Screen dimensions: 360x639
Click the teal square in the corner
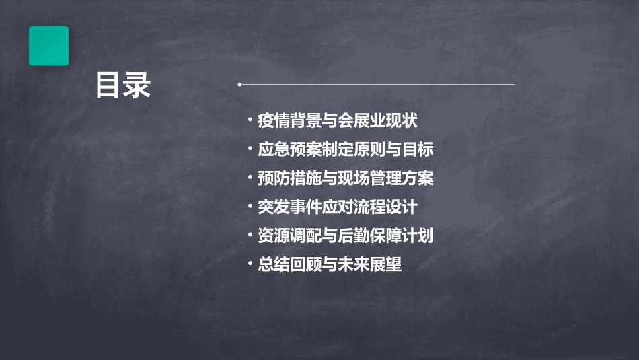48,46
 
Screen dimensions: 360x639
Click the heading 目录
123,85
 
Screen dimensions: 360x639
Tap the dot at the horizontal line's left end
239,85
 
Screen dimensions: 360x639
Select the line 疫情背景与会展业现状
338,121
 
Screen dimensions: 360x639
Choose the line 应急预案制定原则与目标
346,150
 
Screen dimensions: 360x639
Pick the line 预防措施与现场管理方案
346,178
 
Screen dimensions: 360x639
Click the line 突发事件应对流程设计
338,207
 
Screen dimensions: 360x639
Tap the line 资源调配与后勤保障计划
346,236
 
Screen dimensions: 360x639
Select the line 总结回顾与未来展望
330,264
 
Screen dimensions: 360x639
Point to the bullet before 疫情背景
250,121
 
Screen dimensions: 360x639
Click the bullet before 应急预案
250,150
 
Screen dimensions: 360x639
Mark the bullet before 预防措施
250,178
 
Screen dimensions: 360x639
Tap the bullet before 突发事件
250,207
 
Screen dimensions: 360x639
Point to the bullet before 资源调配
250,236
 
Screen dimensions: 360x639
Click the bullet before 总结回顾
250,264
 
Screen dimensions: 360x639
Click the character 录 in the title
137,85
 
